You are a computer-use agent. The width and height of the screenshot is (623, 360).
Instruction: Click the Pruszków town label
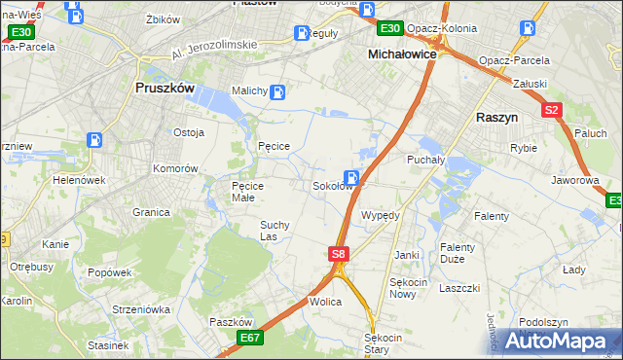165,87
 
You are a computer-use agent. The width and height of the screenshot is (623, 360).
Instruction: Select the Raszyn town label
502,115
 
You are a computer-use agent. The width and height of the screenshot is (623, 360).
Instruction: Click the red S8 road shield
337,254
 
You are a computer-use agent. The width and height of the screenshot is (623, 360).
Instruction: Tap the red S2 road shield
552,110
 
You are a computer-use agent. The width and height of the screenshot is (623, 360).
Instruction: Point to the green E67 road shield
250,338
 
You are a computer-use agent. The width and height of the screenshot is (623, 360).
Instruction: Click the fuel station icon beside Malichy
277,93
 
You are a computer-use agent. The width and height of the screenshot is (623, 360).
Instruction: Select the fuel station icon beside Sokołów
352,178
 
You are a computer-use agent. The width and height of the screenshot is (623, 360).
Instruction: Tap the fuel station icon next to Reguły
303,33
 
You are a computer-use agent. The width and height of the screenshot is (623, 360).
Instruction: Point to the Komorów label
175,167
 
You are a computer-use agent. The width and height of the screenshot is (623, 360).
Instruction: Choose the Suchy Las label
274,230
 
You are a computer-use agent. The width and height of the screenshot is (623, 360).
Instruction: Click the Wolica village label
325,302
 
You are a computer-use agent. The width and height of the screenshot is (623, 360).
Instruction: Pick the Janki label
406,255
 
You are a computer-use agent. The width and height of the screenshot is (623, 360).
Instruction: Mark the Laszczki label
459,288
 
